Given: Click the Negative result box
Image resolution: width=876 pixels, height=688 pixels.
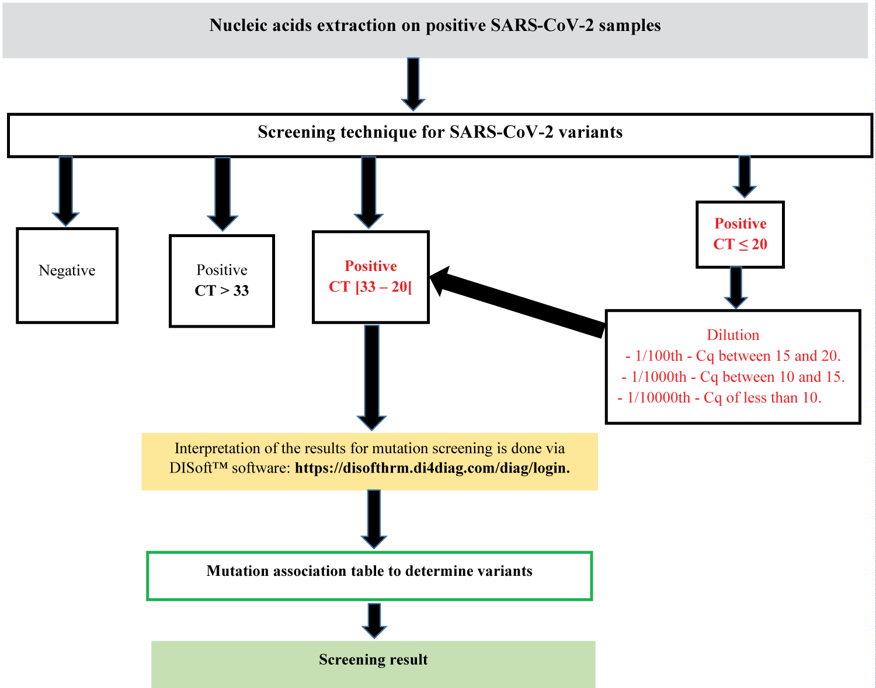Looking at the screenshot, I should click(67, 275).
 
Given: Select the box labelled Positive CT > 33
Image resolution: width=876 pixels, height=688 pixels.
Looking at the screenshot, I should click(222, 281).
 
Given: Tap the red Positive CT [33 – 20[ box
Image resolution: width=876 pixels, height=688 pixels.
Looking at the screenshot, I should click(371, 277).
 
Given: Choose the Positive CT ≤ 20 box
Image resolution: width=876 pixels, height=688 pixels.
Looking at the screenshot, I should click(740, 234).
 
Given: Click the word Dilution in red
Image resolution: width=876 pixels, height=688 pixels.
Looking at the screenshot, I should click(733, 335).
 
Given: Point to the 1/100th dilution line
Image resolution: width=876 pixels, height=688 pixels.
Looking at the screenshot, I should click(733, 356).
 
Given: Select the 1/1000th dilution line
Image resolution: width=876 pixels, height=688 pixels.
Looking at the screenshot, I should click(733, 377).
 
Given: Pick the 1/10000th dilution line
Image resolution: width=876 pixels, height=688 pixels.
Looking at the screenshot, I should click(719, 398).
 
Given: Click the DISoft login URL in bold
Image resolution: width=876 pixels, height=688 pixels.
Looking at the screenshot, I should click(432, 468).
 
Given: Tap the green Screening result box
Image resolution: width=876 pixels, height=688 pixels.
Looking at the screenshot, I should click(373, 664).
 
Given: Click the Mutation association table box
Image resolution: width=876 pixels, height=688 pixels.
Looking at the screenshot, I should click(369, 576).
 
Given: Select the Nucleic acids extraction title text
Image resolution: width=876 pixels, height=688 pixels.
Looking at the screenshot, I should click(435, 26).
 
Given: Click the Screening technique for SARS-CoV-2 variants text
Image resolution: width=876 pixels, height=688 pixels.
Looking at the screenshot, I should click(440, 132).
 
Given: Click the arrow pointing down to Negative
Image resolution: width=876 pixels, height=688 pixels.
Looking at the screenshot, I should click(66, 190).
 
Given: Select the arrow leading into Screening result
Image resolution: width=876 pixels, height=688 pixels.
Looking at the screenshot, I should click(374, 620).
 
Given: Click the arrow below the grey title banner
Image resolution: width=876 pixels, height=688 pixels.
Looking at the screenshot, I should click(413, 84).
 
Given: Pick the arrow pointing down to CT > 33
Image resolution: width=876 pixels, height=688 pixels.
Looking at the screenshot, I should click(223, 193).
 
